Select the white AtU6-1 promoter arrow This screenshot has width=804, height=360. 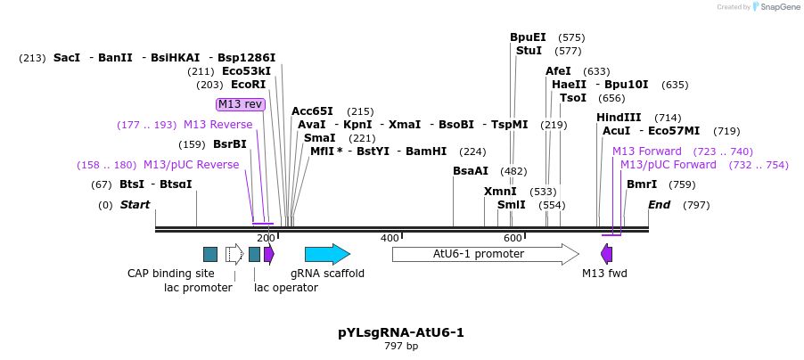(x=485, y=254)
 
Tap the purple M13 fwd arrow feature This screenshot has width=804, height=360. (x=607, y=254)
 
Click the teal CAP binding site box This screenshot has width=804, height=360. (x=210, y=254)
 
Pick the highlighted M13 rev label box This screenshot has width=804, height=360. (x=241, y=104)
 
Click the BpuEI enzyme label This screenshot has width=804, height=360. (x=528, y=37)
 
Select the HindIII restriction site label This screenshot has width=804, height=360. (x=619, y=118)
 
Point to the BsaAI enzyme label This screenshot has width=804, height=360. (x=471, y=171)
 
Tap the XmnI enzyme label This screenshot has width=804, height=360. (x=500, y=192)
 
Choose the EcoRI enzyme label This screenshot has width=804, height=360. (x=249, y=85)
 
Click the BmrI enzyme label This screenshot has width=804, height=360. (x=642, y=184)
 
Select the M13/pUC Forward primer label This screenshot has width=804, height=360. (x=668, y=165)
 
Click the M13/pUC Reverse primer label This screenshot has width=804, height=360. (x=191, y=165)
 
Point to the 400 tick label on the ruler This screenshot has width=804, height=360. (x=390, y=238)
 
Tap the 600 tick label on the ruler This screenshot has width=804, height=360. (x=513, y=238)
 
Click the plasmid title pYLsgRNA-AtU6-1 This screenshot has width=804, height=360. (x=401, y=332)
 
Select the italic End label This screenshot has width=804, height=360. (x=660, y=205)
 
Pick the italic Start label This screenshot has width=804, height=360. (x=135, y=205)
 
